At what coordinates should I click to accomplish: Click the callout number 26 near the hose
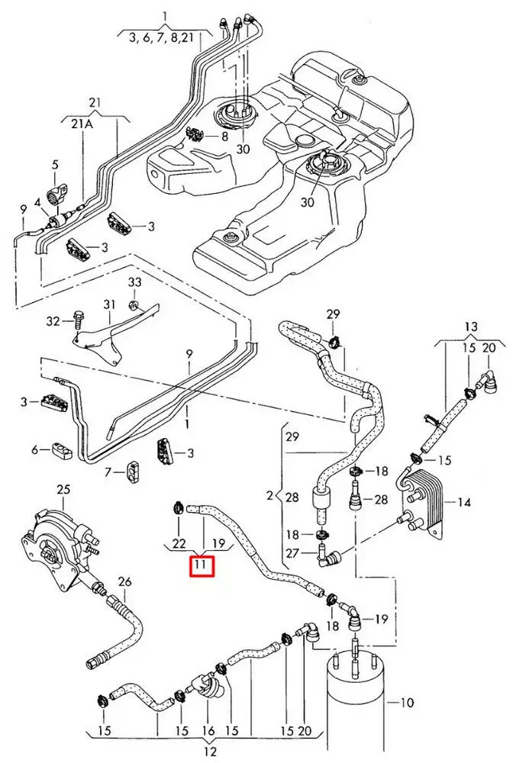pos(124,581)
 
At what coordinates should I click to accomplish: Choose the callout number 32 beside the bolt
pos(52,322)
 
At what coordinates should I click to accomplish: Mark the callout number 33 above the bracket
pos(134,282)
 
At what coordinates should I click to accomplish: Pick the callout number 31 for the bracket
pos(108,304)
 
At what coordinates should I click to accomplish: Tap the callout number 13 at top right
pos(471,327)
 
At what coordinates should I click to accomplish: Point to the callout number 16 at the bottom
pos(208,731)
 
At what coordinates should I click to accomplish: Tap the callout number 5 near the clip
pos(56,165)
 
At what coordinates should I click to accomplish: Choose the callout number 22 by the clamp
pos(179,543)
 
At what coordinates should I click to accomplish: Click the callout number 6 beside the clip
pos(34,450)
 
